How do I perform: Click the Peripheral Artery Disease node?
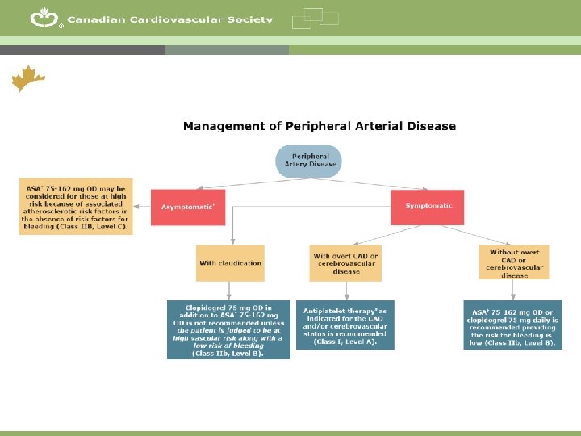(310, 160)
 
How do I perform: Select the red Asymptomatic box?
(187, 208)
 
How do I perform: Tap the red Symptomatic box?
(428, 206)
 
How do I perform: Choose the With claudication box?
(230, 262)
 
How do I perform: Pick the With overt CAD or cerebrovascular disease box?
(345, 263)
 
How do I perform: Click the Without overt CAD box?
(514, 262)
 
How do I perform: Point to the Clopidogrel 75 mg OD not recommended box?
(228, 329)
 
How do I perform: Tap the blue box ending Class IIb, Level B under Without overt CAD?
(512, 325)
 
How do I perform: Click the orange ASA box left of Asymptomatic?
(74, 206)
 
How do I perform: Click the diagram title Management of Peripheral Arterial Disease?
(319, 126)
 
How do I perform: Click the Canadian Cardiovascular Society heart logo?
(43, 18)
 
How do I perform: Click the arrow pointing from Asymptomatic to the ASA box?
(142, 208)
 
